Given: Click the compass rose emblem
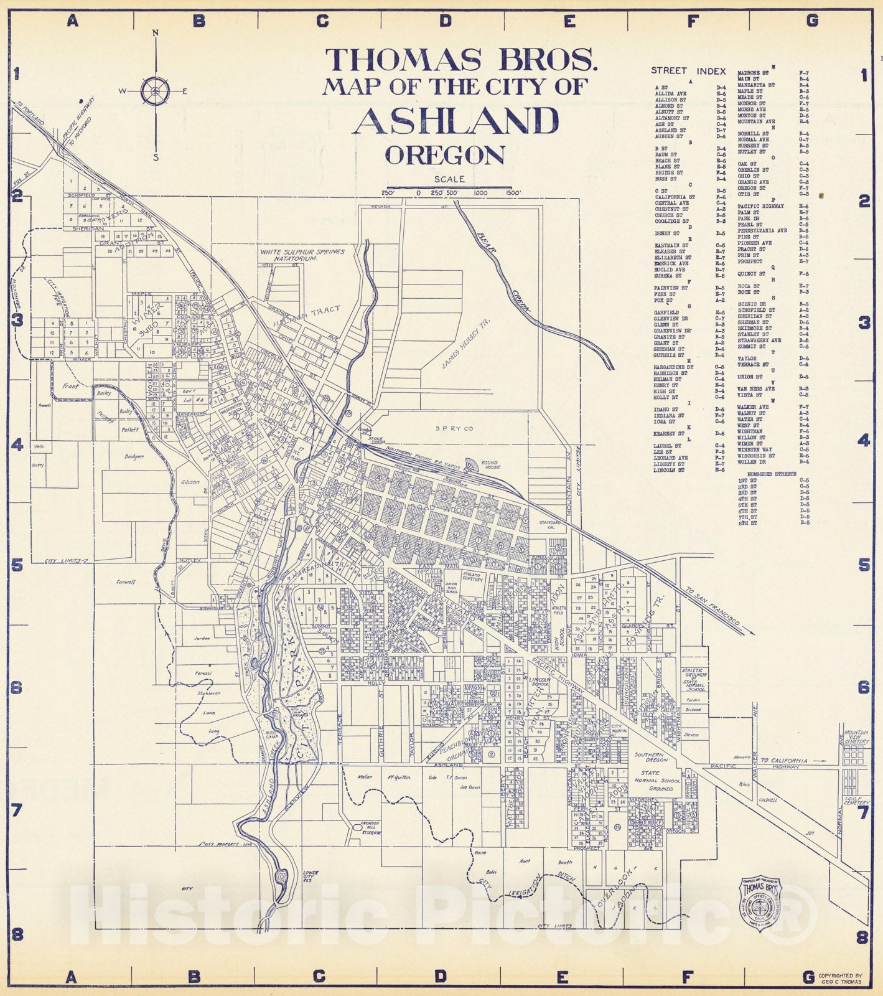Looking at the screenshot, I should [x=155, y=92].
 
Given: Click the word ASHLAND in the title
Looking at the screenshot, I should [x=456, y=121].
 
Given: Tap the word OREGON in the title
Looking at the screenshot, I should [x=444, y=155].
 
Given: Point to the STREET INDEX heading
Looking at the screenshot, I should [x=688, y=71].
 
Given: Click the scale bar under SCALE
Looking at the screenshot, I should [x=449, y=187].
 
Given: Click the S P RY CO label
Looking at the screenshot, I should [x=454, y=428].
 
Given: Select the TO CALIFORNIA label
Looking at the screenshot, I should [x=784, y=760].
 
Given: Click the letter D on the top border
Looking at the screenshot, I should [x=445, y=21].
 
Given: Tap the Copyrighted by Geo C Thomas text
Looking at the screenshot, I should [x=840, y=979].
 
